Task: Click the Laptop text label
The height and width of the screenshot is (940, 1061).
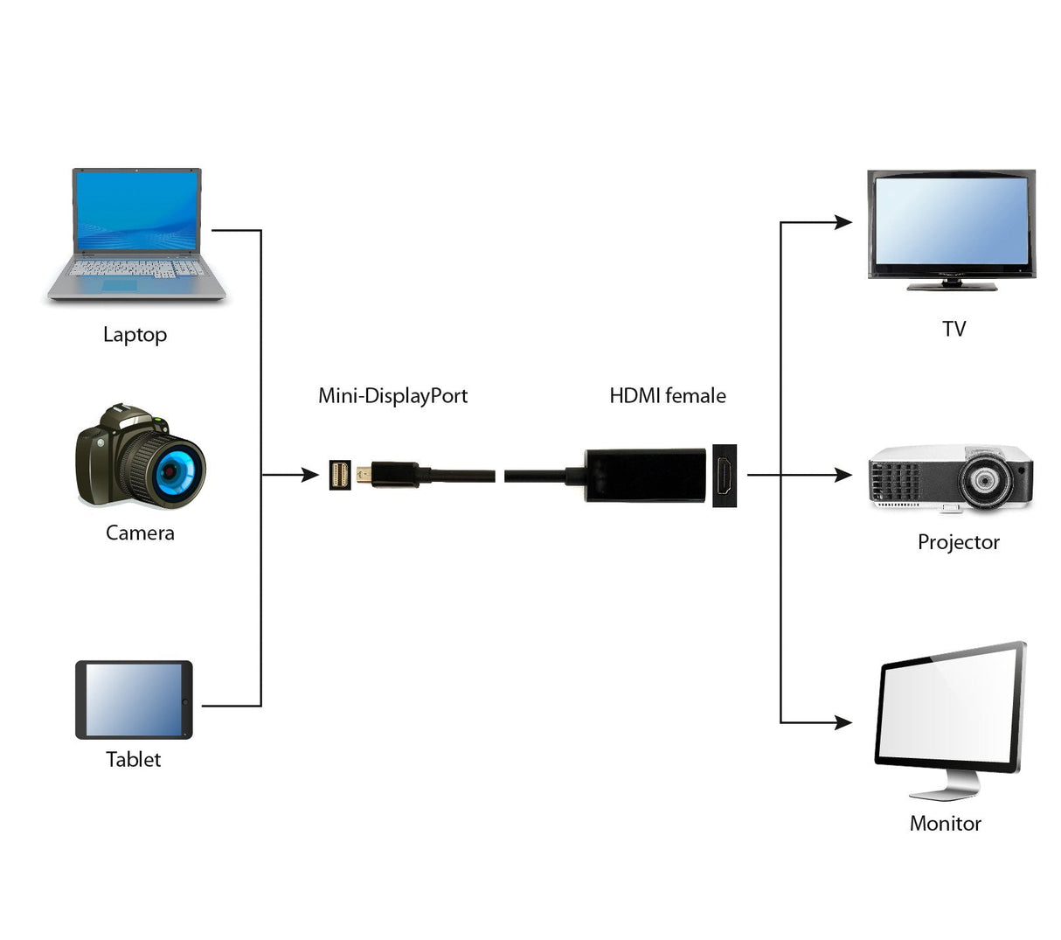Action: pyautogui.click(x=135, y=335)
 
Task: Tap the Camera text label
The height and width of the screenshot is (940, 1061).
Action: pyautogui.click(x=140, y=533)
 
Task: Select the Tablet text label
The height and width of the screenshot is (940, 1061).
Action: pyautogui.click(x=134, y=760)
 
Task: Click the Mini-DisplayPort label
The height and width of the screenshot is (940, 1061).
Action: pyautogui.click(x=392, y=396)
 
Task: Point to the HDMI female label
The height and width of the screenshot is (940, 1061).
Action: pyautogui.click(x=668, y=396)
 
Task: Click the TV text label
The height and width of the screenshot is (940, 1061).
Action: pyautogui.click(x=954, y=330)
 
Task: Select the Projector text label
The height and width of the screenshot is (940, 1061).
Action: pyautogui.click(x=958, y=542)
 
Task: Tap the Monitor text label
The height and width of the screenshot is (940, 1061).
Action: pyautogui.click(x=945, y=824)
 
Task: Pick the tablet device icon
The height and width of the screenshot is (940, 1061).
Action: pyautogui.click(x=134, y=700)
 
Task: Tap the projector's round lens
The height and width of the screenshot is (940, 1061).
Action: pyautogui.click(x=986, y=479)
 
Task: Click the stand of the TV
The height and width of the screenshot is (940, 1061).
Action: pyautogui.click(x=951, y=284)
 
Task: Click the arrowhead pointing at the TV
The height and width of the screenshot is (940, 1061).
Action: pyautogui.click(x=843, y=222)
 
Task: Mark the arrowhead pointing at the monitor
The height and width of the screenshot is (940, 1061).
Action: pyautogui.click(x=843, y=722)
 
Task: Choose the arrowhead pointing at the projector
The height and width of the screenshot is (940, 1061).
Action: pyautogui.click(x=843, y=475)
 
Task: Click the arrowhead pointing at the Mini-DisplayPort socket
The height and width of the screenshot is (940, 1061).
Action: pyautogui.click(x=310, y=475)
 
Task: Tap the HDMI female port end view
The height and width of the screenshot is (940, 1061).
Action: pyautogui.click(x=725, y=475)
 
